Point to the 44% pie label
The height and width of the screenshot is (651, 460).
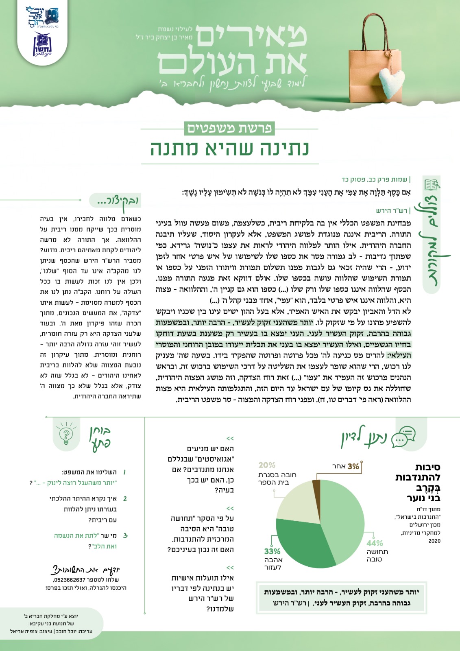pos(375,543)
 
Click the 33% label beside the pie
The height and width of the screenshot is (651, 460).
pos(272,551)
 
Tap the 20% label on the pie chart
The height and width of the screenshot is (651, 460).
pos(267,465)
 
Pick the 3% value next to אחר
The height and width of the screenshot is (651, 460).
pos(353,466)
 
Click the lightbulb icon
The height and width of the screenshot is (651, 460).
pos(65,435)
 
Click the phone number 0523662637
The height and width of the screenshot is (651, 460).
pos(70,580)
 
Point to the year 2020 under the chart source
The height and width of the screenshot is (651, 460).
pos(434,541)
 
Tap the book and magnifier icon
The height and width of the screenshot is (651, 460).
pos(432,185)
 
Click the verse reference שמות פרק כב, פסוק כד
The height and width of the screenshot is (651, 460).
pos(374,179)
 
